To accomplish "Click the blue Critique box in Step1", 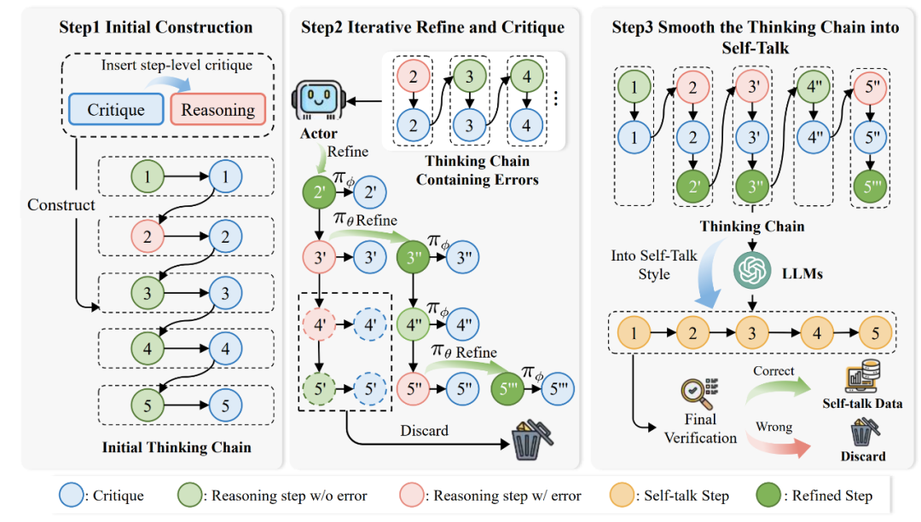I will coord(116,109).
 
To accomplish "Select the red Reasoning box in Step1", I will coord(218,110).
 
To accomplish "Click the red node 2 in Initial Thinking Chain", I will coord(148,237).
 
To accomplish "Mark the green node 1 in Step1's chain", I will coord(148,178).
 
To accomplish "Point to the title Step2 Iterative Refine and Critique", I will coord(432,27).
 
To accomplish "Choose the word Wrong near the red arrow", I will coord(773,427).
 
